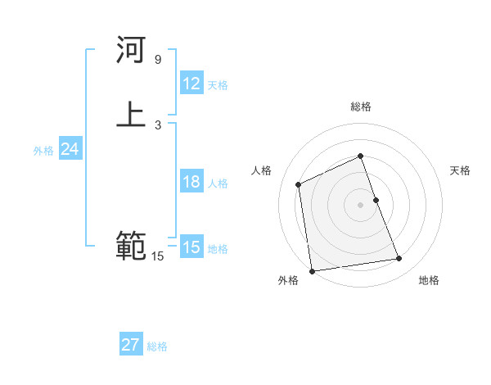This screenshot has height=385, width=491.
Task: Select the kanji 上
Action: click(131, 114)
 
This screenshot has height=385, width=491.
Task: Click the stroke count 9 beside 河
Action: click(158, 60)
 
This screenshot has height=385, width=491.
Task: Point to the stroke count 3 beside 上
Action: click(158, 125)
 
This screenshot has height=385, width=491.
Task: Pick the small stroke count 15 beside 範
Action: click(157, 256)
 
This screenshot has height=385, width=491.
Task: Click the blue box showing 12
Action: click(191, 84)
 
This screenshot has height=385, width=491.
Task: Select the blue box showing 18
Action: click(191, 182)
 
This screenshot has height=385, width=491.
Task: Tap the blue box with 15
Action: click(191, 247)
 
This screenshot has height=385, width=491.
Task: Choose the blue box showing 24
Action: click(70, 149)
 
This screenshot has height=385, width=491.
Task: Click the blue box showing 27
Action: click(131, 345)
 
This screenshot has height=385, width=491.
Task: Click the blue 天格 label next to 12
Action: click(218, 85)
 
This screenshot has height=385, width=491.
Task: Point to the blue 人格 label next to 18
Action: click(218, 183)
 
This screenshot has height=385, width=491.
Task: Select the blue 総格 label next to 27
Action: click(157, 346)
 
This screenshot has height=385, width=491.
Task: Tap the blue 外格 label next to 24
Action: click(43, 151)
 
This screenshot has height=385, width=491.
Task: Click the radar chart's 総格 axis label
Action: click(361, 106)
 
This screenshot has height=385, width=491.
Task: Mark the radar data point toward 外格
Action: click(311, 270)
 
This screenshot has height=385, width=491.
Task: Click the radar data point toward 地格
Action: click(399, 259)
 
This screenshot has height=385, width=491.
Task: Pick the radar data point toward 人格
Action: click(299, 184)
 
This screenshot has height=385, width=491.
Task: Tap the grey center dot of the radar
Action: click(361, 204)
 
